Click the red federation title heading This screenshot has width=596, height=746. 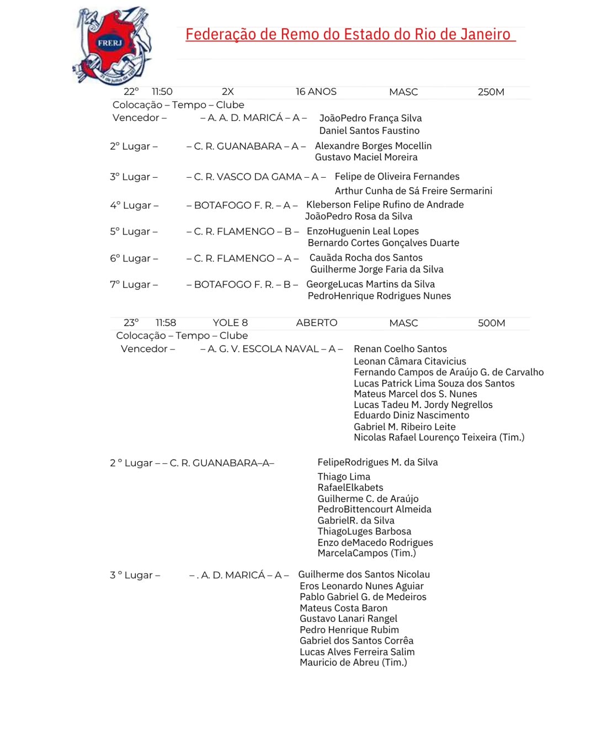click(350, 34)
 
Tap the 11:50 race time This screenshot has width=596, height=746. click(162, 92)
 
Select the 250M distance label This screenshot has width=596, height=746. click(491, 92)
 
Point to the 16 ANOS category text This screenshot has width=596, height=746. click(316, 92)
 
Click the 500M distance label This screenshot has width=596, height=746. click(491, 323)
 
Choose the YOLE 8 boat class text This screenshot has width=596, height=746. click(230, 323)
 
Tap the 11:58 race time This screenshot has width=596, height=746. click(166, 323)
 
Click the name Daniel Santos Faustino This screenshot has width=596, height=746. click(369, 131)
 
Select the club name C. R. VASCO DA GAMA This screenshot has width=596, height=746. click(248, 177)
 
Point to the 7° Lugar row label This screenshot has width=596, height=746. click(134, 285)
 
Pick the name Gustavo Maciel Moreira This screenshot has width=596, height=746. click(366, 157)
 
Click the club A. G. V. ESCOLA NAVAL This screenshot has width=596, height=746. click(263, 349)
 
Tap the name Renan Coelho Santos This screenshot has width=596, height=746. click(400, 349)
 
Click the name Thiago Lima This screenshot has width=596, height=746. click(344, 477)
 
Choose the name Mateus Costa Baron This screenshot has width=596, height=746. click(343, 608)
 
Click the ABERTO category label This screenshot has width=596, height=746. click(316, 323)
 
